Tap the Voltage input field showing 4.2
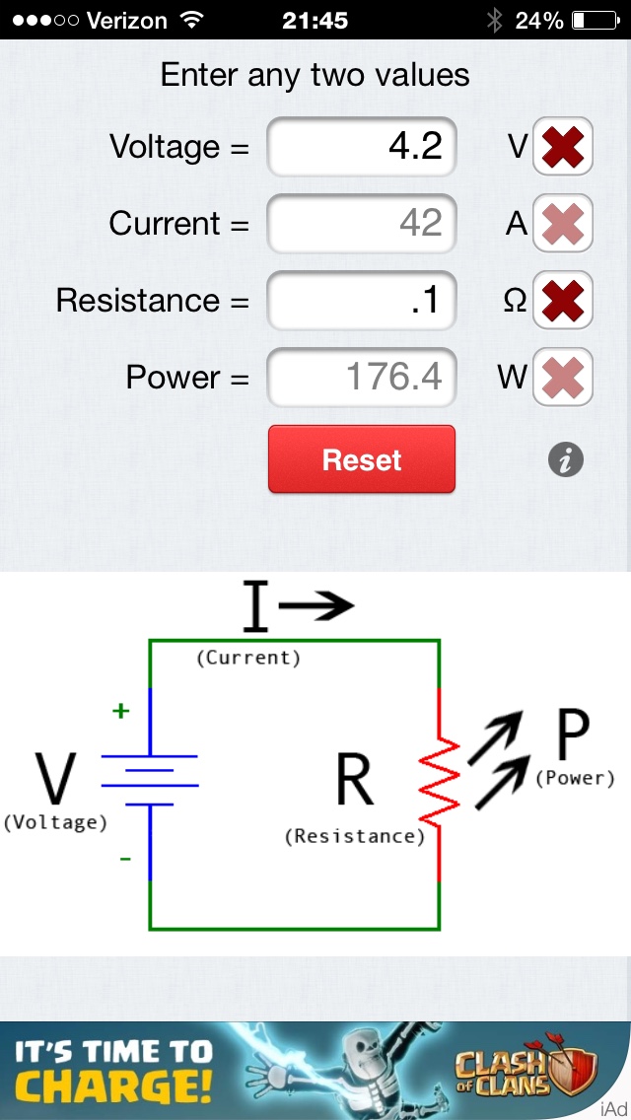(x=362, y=148)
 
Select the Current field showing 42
(x=362, y=224)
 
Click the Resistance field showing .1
(x=362, y=301)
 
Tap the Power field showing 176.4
(x=362, y=378)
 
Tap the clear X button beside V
(x=563, y=148)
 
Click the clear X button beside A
(x=563, y=224)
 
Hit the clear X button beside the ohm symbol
(x=563, y=301)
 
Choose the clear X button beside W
(x=563, y=378)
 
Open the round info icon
(x=566, y=459)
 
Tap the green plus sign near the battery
(x=121, y=711)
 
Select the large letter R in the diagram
(x=355, y=781)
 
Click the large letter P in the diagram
(x=573, y=735)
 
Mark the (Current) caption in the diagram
(x=248, y=658)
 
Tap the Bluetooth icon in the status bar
(x=494, y=20)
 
